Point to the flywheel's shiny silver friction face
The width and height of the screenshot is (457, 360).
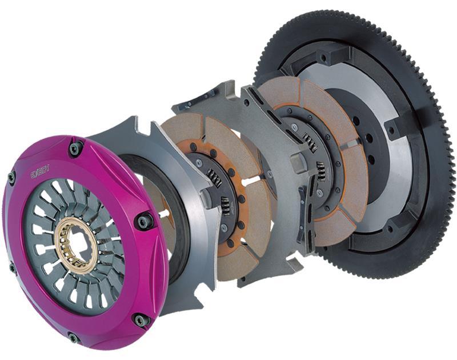tap(400, 171)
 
